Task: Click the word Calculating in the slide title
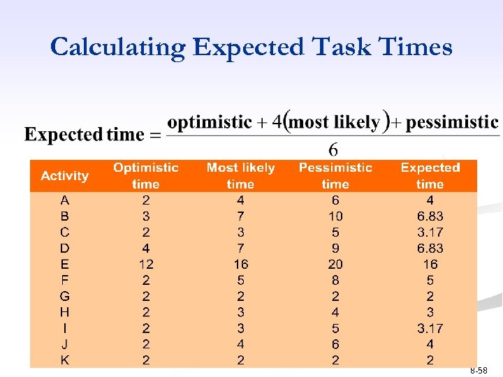point(117,47)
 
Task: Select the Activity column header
point(65,176)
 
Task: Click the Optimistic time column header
point(145,176)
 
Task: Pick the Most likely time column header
point(240,176)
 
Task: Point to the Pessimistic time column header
point(335,176)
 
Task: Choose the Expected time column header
point(430,176)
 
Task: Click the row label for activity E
point(65,265)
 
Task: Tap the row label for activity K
point(65,360)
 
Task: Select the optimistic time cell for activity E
point(145,265)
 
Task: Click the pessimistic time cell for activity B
point(335,216)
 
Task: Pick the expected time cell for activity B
point(430,216)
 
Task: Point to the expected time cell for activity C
point(430,232)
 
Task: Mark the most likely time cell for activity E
point(240,265)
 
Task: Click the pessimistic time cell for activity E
point(335,265)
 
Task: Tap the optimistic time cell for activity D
point(145,249)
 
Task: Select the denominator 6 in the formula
point(333,150)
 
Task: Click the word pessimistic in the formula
point(452,123)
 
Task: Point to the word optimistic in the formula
point(210,123)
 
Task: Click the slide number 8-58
point(479,371)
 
